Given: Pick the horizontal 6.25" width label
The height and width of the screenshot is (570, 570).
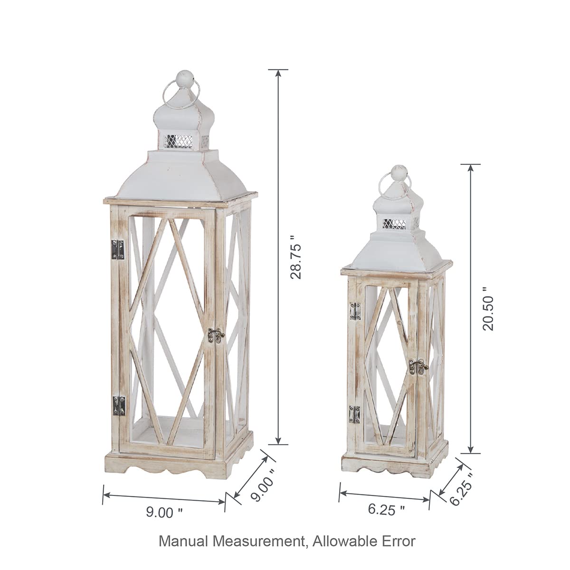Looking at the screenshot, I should point(387,510).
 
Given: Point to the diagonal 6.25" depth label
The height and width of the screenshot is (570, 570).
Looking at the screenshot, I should point(461,489).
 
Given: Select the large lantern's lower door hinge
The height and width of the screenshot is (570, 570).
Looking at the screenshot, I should point(118,405).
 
